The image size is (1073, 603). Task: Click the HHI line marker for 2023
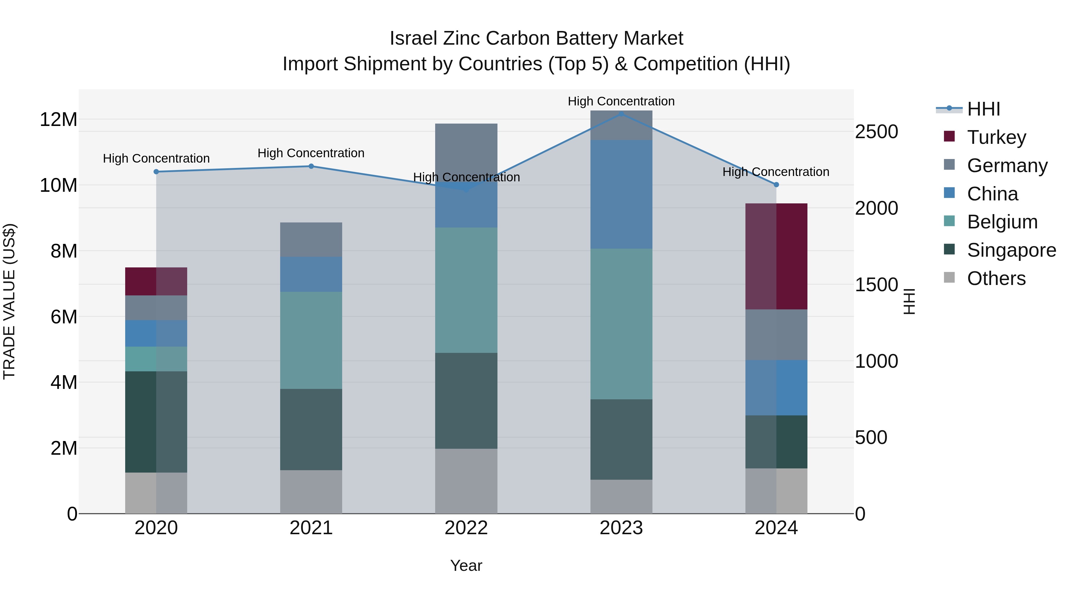point(621,114)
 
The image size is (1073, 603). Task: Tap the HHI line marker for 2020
point(156,172)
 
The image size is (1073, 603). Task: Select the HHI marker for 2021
point(311,166)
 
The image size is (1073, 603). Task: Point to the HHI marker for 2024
point(776,184)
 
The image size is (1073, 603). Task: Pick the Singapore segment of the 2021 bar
point(311,429)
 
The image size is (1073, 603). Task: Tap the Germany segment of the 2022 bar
point(466,152)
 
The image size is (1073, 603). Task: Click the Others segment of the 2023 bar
point(621,496)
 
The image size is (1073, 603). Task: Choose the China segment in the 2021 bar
point(311,274)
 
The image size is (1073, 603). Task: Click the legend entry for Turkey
point(996,137)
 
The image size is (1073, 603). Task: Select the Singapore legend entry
point(1011,250)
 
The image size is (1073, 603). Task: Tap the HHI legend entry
point(983,109)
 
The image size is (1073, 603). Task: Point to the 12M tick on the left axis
point(58,120)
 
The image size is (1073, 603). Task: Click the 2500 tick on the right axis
point(876,132)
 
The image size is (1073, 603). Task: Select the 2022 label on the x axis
point(466,528)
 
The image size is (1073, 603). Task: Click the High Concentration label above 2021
point(311,153)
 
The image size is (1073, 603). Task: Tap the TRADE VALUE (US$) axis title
point(10,301)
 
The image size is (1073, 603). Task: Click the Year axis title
point(466,565)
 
